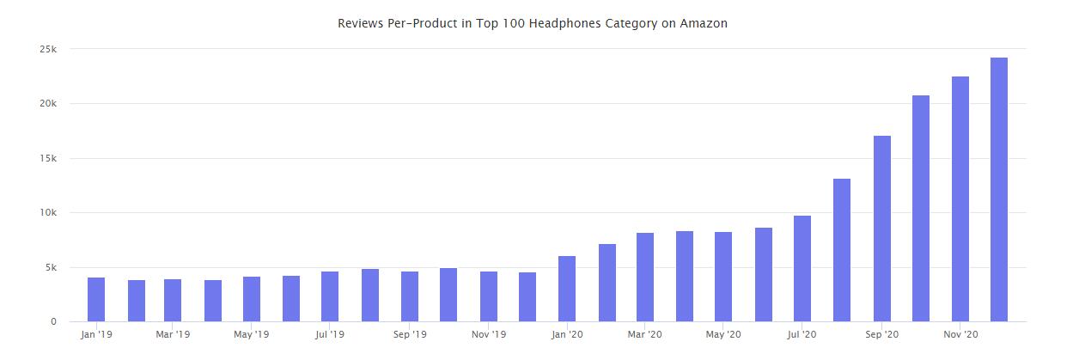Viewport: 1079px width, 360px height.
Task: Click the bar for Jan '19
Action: (96, 300)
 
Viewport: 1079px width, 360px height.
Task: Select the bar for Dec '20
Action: (999, 190)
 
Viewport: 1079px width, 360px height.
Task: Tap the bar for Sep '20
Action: (881, 229)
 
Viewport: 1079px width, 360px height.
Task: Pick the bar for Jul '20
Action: (802, 269)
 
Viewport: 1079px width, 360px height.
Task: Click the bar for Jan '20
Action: (567, 289)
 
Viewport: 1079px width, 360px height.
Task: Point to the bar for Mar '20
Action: (645, 278)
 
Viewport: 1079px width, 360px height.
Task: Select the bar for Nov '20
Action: (960, 199)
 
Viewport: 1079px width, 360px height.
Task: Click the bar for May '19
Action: (252, 299)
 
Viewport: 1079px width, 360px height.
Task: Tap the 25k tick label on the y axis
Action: (48, 49)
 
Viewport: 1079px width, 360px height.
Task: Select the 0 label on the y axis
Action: (53, 322)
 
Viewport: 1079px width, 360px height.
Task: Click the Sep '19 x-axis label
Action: (409, 334)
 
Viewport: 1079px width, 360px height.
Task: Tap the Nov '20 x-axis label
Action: (960, 334)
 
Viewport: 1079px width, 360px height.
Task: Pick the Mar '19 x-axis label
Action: (173, 334)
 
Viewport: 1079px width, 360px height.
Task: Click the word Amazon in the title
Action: (704, 23)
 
